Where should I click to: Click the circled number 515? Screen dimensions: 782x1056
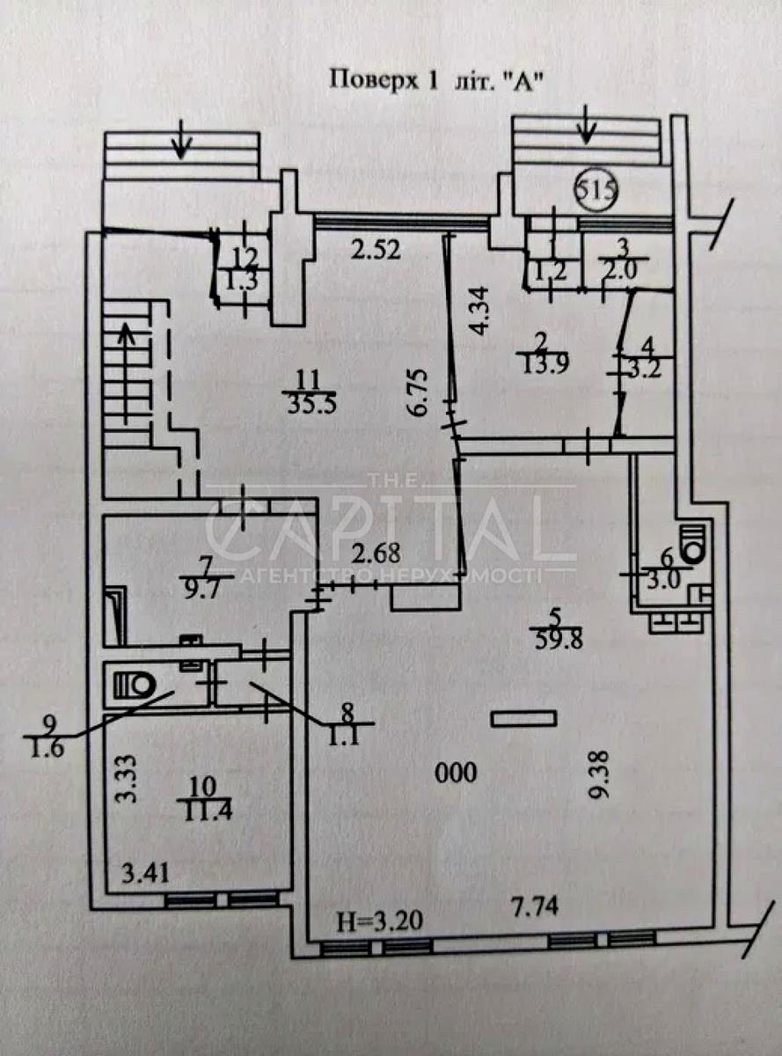[x=597, y=190]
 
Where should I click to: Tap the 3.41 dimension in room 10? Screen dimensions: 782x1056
[x=145, y=875]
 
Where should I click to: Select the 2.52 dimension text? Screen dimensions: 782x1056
[x=375, y=249]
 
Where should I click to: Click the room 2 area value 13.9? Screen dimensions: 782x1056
[x=543, y=366]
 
